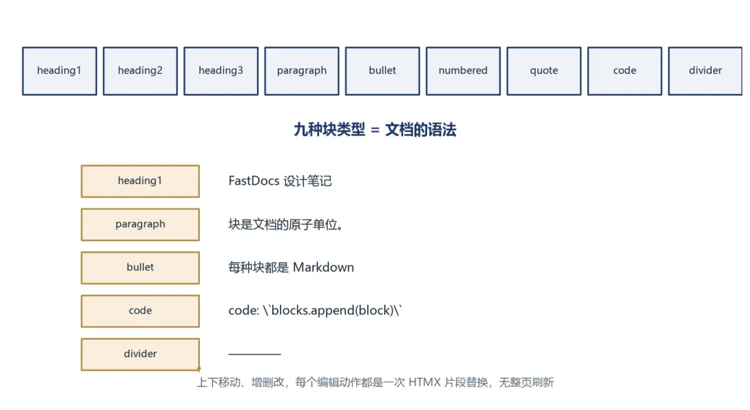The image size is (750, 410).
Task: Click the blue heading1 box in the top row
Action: [59, 71]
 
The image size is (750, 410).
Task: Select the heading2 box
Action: [140, 71]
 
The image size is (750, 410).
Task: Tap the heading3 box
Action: [221, 71]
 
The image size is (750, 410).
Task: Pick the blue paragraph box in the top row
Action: [302, 71]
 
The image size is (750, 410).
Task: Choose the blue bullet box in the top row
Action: [383, 71]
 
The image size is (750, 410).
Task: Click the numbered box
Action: [463, 71]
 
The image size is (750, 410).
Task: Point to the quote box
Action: [544, 71]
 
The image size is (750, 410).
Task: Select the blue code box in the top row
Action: [625, 71]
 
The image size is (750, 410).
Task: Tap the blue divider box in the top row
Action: [706, 71]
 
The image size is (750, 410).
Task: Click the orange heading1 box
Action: [140, 181]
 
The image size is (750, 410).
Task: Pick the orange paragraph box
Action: [140, 224]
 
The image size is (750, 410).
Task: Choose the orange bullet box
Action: [140, 268]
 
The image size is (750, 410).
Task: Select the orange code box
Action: [140, 311]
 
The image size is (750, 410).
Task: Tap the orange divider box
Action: [140, 354]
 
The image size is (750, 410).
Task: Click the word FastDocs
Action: [254, 181]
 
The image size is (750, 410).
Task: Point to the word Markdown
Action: [324, 268]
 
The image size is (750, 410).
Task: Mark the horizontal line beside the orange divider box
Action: [254, 354]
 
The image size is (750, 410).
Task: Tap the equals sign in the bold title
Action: [375, 130]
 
